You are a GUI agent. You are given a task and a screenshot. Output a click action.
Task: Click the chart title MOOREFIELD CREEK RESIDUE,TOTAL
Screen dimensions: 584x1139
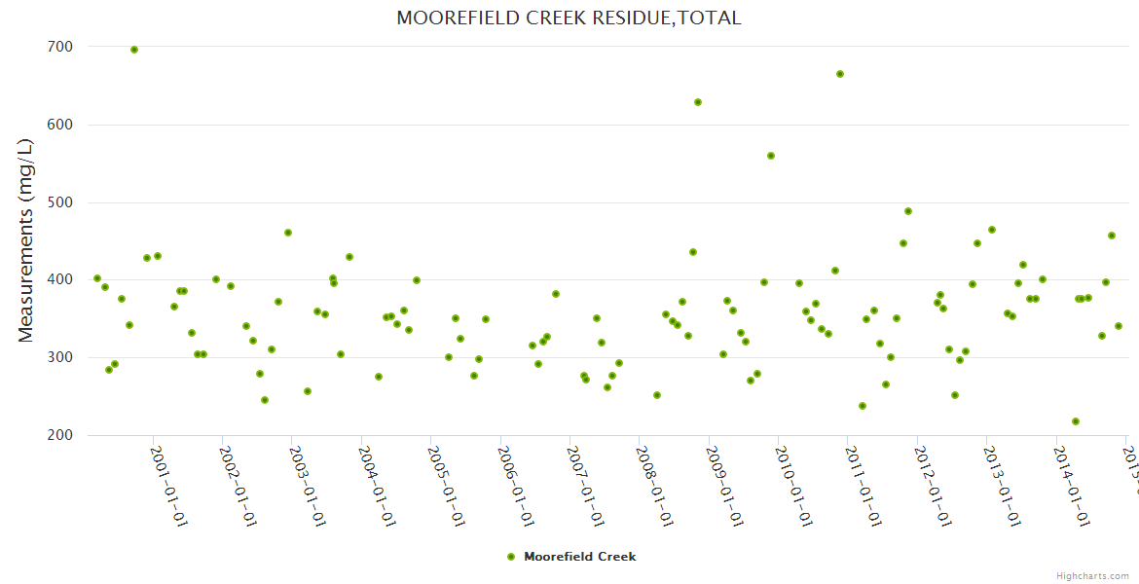(569, 18)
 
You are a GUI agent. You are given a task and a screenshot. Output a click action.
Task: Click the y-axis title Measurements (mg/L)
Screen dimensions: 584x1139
(26, 240)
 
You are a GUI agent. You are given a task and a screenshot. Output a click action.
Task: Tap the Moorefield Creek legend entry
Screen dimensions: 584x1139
(579, 557)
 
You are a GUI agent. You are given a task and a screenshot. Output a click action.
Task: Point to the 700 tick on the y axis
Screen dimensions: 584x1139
(59, 47)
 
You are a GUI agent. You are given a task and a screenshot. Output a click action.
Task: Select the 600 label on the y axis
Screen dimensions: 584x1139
(59, 125)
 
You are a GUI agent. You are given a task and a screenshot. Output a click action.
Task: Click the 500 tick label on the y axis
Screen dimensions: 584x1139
(59, 202)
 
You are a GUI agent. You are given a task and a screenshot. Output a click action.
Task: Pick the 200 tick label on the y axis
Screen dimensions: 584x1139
(59, 435)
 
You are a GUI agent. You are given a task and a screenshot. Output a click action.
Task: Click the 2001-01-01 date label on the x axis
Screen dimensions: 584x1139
(168, 486)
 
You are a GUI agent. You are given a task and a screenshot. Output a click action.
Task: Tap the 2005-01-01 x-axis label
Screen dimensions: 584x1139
(446, 486)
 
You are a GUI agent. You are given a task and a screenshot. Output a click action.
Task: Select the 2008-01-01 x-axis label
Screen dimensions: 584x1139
(654, 486)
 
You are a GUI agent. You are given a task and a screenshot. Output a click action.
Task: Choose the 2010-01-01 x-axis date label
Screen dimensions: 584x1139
(793, 486)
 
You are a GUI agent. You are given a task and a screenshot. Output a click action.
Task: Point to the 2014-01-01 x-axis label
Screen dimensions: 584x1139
(1071, 486)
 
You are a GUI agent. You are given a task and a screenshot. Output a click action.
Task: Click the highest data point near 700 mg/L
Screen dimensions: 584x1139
(134, 50)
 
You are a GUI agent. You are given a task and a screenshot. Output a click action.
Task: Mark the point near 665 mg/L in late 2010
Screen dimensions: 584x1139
(840, 74)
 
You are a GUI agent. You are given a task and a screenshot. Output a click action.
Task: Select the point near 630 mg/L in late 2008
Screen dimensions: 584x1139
(698, 102)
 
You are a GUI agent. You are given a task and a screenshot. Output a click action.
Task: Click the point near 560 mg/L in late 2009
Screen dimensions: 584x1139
(771, 156)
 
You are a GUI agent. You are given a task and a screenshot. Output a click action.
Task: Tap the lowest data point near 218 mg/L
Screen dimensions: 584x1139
(1076, 421)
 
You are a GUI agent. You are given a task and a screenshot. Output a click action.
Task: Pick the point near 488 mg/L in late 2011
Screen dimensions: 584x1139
(908, 211)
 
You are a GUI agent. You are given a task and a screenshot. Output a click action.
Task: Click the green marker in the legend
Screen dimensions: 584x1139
(511, 557)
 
